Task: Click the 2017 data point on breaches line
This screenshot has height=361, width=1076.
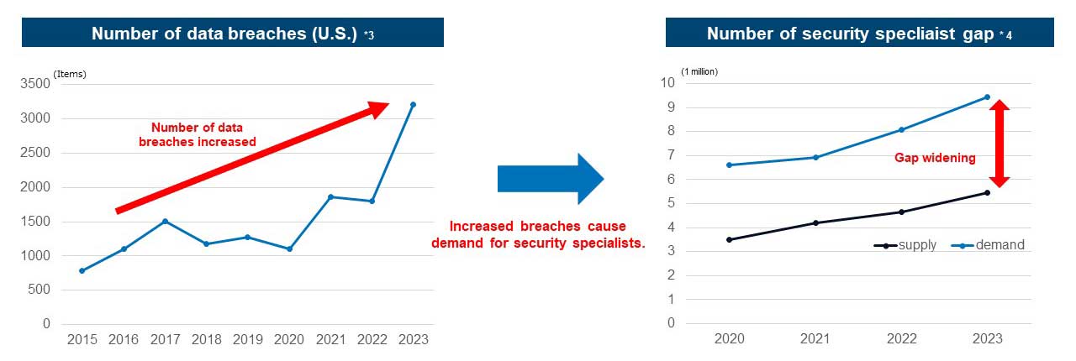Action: click(166, 222)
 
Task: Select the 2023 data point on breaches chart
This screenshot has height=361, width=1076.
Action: click(413, 105)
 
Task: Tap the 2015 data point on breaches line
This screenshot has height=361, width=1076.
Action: click(82, 270)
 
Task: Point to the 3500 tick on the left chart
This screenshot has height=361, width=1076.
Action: click(35, 83)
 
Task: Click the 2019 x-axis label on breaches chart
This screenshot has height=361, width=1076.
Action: click(248, 339)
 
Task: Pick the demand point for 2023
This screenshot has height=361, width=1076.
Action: click(987, 97)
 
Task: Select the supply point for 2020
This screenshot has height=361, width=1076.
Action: click(729, 239)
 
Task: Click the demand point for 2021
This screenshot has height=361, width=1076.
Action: click(815, 158)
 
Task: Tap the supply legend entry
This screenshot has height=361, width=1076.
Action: click(905, 245)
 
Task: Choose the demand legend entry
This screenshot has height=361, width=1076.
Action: click(988, 245)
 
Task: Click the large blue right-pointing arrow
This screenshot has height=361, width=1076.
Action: click(551, 179)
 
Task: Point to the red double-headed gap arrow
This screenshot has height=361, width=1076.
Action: click(1000, 143)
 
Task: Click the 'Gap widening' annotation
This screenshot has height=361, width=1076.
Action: click(935, 158)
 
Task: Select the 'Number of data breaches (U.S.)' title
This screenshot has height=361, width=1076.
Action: click(224, 34)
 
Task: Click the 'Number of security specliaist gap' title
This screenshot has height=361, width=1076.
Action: click(850, 34)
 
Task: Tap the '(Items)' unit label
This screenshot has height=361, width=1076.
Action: click(70, 74)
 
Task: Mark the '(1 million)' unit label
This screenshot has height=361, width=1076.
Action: click(699, 71)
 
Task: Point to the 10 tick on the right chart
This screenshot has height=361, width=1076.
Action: click(667, 82)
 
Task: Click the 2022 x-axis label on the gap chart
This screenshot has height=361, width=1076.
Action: click(902, 339)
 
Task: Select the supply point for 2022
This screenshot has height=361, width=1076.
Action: click(901, 212)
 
